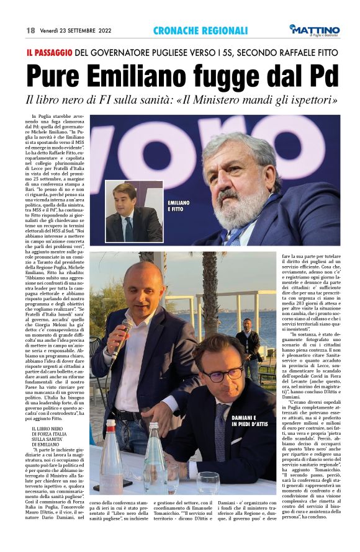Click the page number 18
click(30, 30)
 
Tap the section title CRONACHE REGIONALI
click(200, 30)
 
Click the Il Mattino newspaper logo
click(315, 30)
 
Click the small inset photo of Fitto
click(133, 211)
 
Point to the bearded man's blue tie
click(239, 235)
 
